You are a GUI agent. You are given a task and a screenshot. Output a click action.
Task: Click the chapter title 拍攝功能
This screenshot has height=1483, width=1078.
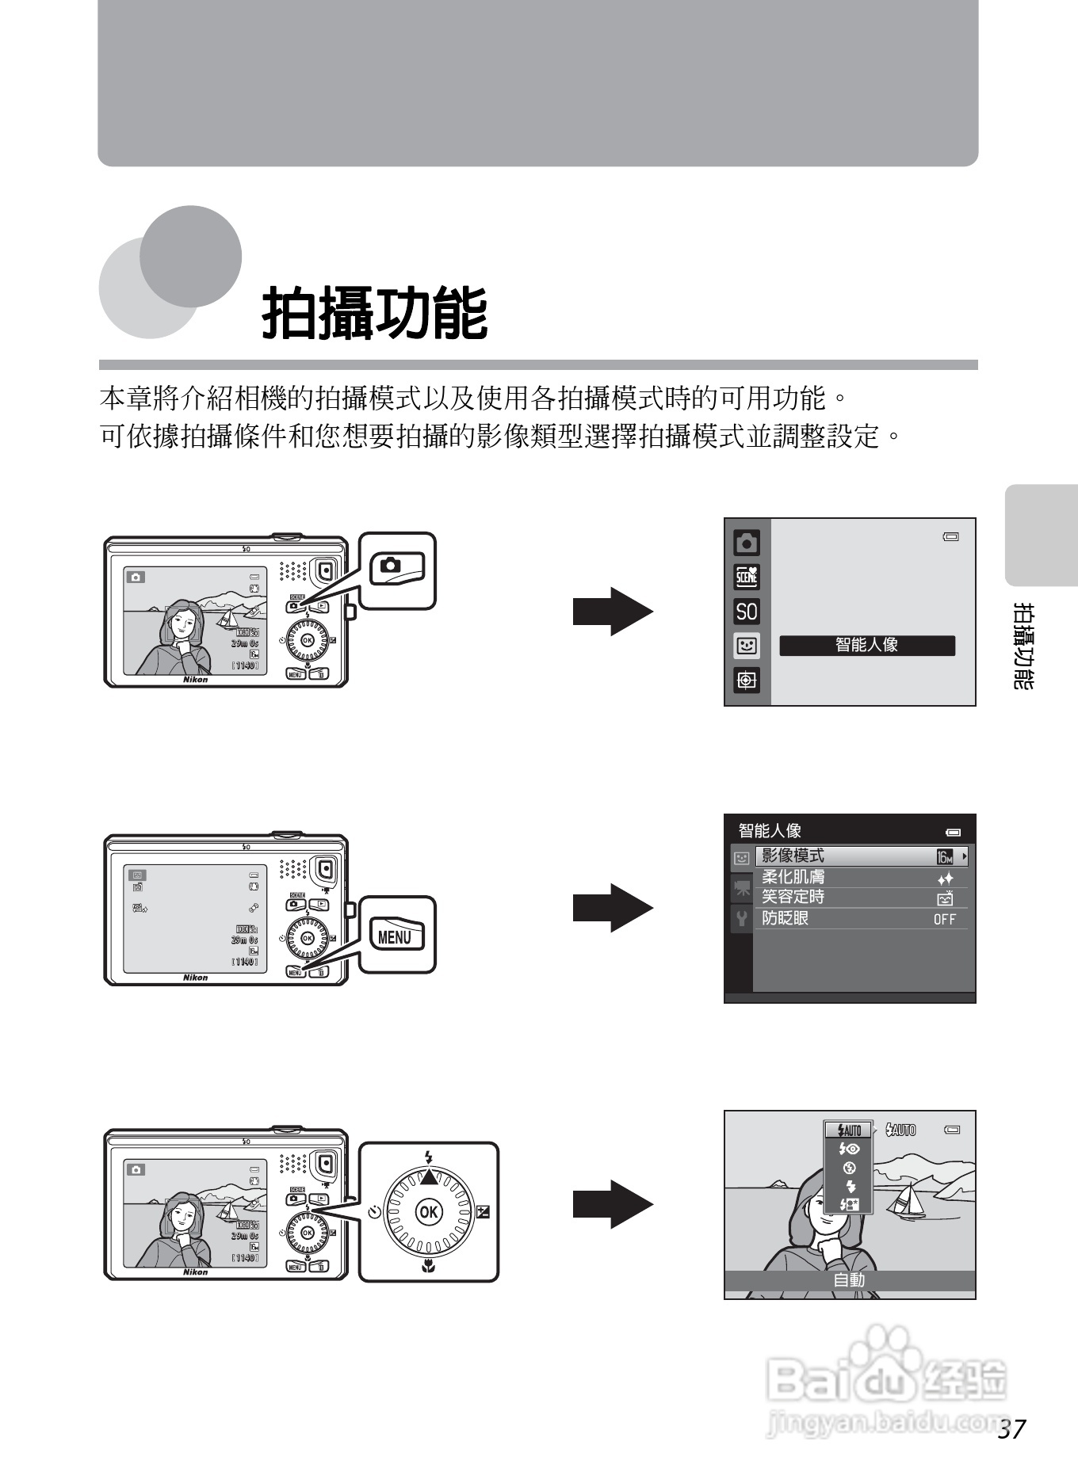[x=374, y=314]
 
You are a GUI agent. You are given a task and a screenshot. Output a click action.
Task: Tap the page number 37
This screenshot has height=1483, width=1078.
[x=1012, y=1429]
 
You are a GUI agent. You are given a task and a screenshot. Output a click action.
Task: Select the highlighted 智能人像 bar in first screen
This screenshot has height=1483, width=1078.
[x=867, y=645]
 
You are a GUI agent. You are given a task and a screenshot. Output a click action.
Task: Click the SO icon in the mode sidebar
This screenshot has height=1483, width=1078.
[x=747, y=612]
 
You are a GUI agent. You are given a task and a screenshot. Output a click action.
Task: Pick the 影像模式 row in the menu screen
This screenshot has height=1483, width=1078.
[x=861, y=856]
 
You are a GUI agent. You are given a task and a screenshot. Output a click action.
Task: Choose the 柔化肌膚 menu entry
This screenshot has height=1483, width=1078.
[x=793, y=877]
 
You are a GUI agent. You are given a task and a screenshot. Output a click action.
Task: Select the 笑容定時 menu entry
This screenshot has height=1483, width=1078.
[x=793, y=897]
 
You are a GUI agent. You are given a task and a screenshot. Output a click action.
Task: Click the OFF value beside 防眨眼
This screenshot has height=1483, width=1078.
[x=944, y=919]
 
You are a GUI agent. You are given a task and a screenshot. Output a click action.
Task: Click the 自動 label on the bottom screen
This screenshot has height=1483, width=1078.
[x=849, y=1279]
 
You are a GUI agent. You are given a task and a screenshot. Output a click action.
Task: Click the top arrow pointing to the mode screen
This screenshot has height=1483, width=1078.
[x=613, y=612]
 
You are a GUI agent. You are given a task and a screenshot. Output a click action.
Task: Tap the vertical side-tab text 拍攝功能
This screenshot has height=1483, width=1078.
[x=1024, y=646]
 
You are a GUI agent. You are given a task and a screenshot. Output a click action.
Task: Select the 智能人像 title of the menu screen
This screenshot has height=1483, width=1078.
[x=770, y=831]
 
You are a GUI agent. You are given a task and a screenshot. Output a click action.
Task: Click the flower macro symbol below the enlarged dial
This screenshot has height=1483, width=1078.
[x=429, y=1266]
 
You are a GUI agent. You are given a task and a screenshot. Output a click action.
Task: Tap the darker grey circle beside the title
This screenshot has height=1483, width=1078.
[x=191, y=256]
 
